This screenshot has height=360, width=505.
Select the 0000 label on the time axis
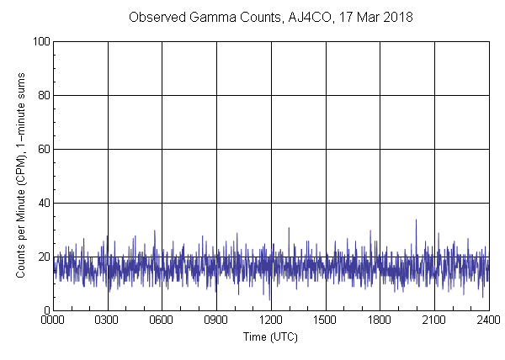[53, 320]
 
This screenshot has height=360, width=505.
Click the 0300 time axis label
[108, 320]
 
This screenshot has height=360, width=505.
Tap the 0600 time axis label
[162, 320]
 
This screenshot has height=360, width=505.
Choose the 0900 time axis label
[216, 320]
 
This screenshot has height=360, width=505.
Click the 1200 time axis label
[271, 320]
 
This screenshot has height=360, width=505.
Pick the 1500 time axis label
[325, 320]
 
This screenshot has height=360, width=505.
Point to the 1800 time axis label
[380, 320]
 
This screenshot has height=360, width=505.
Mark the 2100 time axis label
[434, 320]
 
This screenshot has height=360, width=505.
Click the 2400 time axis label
[488, 320]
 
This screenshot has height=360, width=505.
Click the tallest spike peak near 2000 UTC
[416, 220]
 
